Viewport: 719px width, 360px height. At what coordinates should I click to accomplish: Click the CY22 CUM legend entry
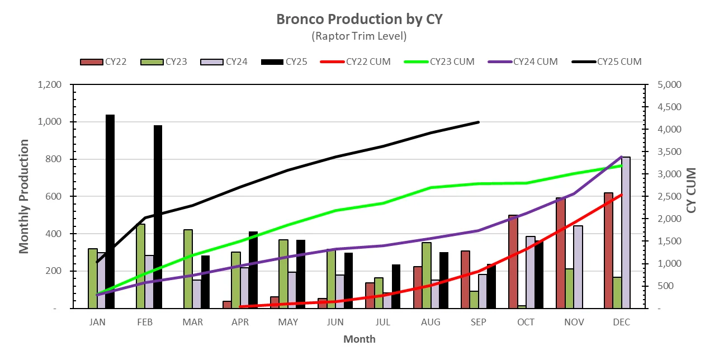click(x=368, y=61)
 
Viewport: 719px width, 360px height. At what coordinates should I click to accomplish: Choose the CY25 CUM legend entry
click(x=619, y=61)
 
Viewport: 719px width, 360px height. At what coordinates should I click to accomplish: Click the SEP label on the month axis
click(x=478, y=323)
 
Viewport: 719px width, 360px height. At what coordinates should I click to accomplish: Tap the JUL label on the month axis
click(x=383, y=323)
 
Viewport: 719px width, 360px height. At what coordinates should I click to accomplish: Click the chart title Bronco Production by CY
click(x=359, y=19)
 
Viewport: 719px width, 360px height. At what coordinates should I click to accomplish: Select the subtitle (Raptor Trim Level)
click(x=359, y=36)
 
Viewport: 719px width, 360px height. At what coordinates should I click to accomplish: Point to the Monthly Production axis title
click(x=24, y=197)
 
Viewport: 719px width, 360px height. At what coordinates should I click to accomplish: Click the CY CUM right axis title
click(x=692, y=190)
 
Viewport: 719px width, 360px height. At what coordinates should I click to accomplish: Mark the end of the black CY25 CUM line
click(x=479, y=122)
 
